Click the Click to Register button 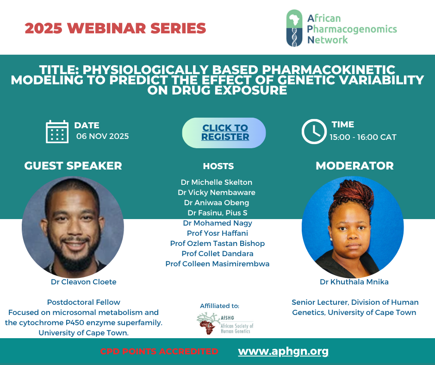tap(224, 133)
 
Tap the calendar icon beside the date tap(57, 132)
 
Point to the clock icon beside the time tap(314, 132)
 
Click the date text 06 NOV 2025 tap(103, 136)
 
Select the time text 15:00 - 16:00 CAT tap(363, 137)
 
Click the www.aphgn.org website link tap(283, 352)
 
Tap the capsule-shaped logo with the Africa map tap(294, 28)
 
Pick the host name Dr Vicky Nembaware tap(217, 192)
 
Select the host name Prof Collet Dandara tap(217, 254)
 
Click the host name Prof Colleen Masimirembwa tap(217, 264)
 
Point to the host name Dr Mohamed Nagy tap(217, 223)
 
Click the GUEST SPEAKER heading tap(73, 166)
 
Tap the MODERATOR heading tap(354, 166)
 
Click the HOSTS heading tap(218, 166)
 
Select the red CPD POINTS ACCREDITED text tap(159, 352)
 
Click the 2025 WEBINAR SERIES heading tap(115, 28)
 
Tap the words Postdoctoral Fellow tap(83, 302)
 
